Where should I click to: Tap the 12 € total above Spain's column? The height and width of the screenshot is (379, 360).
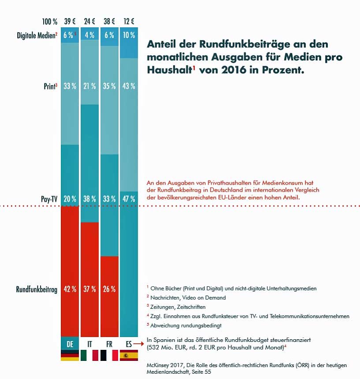tap(129, 21)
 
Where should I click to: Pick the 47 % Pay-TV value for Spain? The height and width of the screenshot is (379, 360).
tap(129, 199)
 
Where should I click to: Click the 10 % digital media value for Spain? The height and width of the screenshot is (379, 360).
tap(129, 36)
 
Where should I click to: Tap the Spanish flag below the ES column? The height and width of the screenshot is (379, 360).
tap(129, 356)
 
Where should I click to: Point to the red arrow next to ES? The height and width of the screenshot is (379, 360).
tap(139, 343)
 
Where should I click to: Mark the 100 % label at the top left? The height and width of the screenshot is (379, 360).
tap(49, 21)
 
